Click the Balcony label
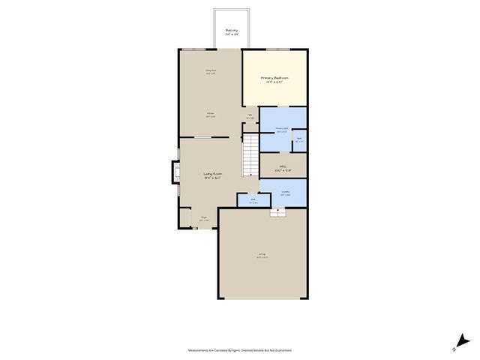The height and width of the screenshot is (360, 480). pos(232,31)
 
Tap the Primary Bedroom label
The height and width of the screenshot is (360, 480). pos(274,78)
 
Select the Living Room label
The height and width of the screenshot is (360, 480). pos(213,174)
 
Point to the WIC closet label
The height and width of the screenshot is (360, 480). pos(283,166)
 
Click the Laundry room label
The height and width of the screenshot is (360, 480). pos(286,191)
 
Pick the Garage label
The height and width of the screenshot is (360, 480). pos(262,255)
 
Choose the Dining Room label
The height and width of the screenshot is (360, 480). pos(211,70)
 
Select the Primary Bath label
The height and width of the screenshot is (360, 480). pos(282,129)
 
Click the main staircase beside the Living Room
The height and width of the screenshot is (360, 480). pos(250,155)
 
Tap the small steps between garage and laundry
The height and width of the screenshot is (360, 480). pos(278,212)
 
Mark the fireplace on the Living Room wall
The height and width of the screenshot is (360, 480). pos(177,174)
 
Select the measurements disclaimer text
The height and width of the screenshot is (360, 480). pos(240,350)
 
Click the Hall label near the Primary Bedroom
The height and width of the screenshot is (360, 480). pos(250,115)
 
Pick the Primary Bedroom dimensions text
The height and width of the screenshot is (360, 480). pos(274,82)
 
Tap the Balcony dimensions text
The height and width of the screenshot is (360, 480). pos(232,35)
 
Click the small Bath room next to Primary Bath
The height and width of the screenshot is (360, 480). pos(298,139)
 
